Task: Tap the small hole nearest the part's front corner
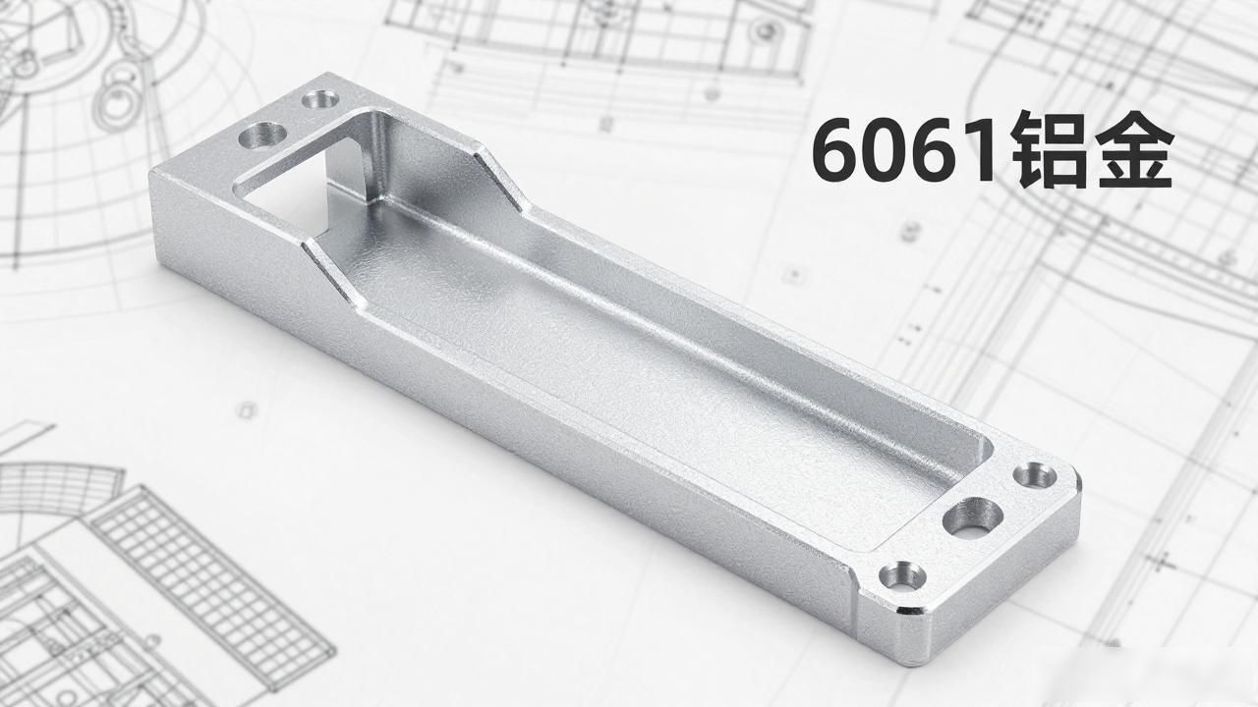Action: click(x=902, y=575)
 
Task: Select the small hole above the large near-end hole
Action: click(x=1035, y=476)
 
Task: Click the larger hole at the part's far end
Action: click(x=262, y=136)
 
